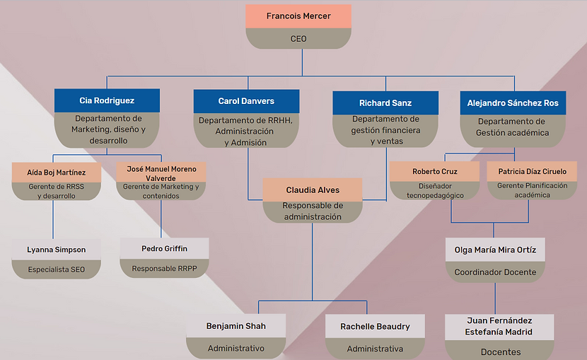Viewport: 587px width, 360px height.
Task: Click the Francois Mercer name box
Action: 298,16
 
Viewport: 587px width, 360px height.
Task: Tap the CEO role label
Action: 298,39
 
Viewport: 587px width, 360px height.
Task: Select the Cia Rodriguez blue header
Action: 107,100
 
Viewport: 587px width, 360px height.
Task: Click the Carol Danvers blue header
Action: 246,101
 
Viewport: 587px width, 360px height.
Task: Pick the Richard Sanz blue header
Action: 385,103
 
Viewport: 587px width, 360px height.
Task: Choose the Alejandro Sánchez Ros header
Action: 513,103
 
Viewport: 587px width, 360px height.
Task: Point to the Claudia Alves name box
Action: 313,190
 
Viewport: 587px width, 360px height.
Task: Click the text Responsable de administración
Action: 313,211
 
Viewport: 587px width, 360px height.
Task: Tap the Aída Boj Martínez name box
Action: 57,173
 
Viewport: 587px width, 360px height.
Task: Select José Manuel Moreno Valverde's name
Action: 161,174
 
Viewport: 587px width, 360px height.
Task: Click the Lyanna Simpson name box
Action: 56,250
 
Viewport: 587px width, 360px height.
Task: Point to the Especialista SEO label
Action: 56,269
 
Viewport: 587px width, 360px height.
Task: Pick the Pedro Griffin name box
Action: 164,248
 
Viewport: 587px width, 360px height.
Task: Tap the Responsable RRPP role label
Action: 164,268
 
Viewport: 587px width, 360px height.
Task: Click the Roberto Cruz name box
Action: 435,171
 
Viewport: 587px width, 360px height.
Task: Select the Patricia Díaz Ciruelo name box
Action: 532,171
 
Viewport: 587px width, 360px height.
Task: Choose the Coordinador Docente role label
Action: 495,272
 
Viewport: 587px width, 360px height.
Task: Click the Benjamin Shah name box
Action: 236,326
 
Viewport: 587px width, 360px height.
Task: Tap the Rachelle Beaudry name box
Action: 375,326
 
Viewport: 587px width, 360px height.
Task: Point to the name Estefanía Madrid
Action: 499,332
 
